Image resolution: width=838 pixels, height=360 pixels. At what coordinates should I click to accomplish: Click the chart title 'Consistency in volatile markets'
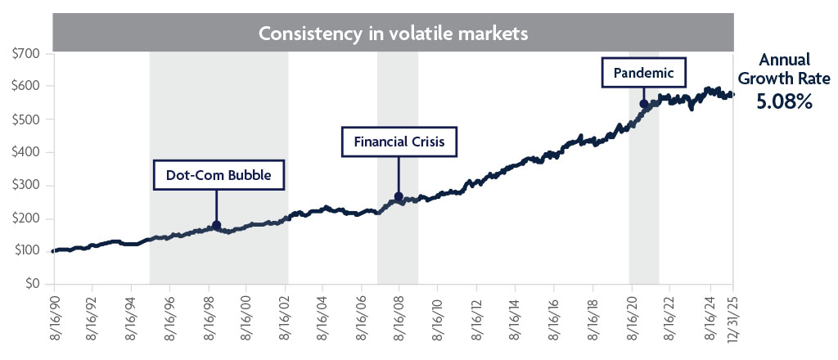[393, 34]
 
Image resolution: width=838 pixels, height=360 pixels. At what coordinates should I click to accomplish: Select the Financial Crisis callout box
[399, 142]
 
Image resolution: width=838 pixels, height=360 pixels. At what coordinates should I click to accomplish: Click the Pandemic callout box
[643, 73]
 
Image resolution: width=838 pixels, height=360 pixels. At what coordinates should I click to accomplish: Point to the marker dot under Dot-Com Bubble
[216, 225]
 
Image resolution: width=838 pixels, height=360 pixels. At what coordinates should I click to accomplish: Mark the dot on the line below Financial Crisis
[399, 196]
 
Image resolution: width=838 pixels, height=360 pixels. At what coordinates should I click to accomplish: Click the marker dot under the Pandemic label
[643, 104]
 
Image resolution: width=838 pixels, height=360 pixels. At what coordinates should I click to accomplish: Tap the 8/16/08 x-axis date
[399, 316]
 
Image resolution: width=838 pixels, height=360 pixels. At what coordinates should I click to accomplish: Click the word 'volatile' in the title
[418, 34]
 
